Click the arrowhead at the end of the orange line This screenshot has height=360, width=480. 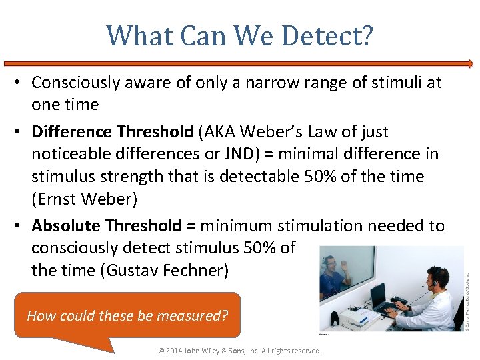coord(470,65)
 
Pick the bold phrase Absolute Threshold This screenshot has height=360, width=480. coord(106,225)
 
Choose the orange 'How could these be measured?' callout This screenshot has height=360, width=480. coord(127,315)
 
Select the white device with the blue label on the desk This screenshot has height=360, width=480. coord(352,313)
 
